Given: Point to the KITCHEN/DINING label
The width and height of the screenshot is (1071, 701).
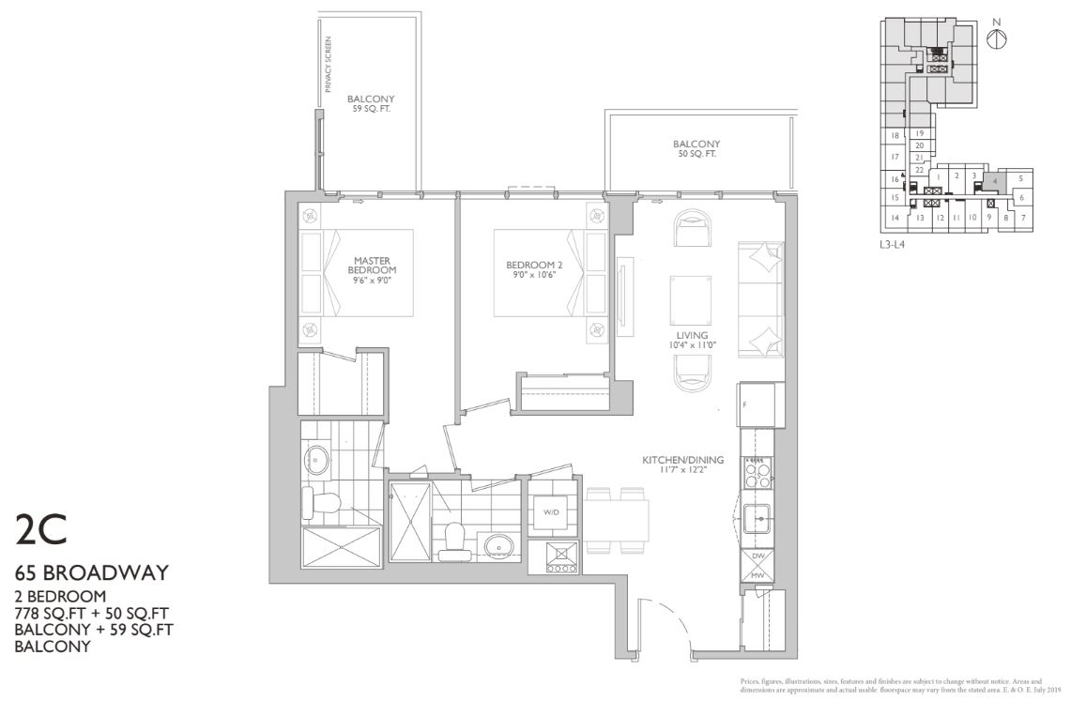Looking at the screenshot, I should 682,460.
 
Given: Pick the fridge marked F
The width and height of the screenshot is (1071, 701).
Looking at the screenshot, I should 758,404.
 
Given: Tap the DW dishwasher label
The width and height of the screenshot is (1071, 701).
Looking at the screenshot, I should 757,556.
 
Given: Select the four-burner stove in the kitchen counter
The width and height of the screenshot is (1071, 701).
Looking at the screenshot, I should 757,471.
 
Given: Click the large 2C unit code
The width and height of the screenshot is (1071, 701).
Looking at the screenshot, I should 41,531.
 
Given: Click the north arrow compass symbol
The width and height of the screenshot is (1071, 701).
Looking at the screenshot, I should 997,38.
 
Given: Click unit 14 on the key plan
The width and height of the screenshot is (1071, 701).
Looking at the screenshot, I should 895,219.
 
